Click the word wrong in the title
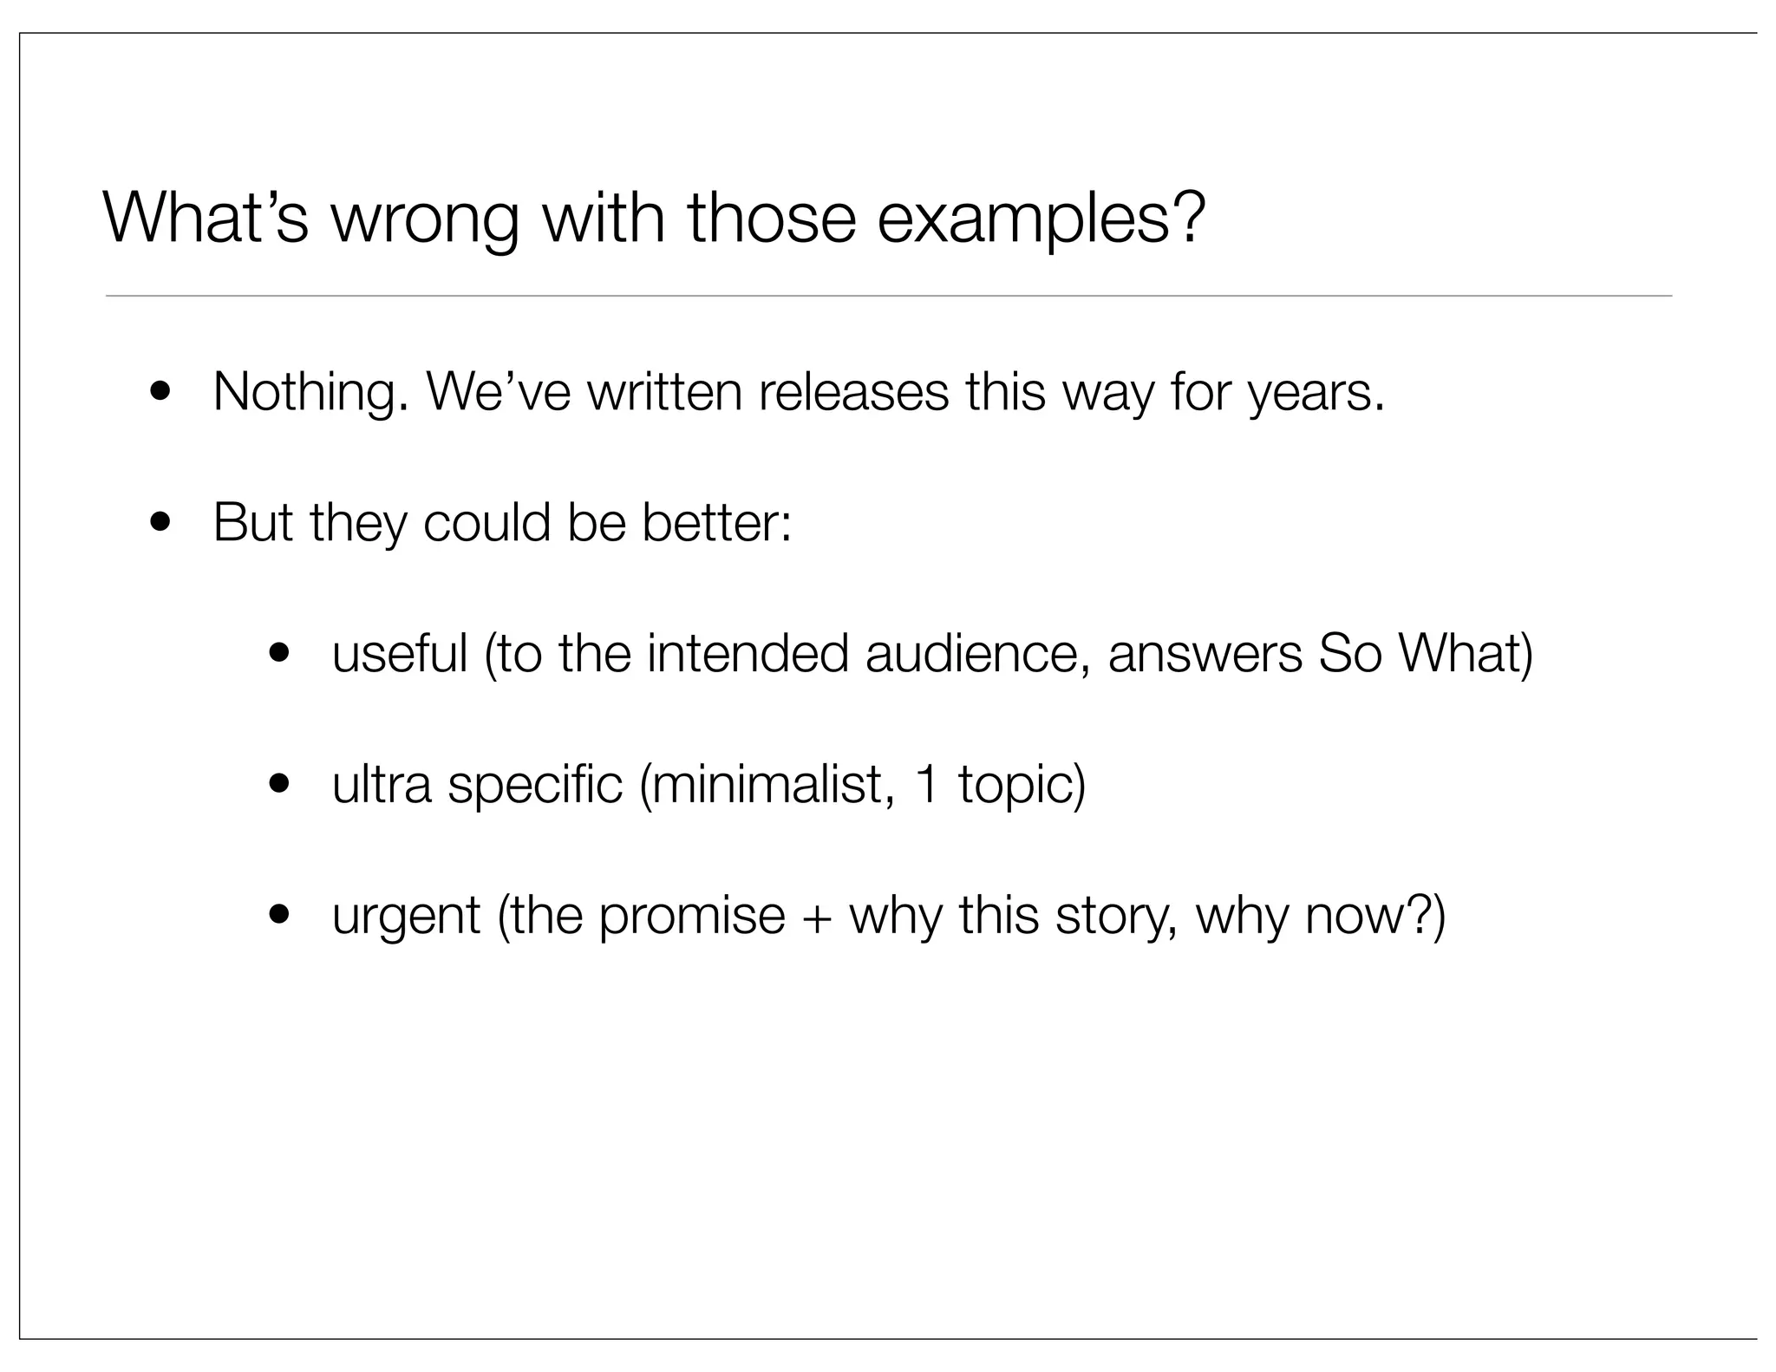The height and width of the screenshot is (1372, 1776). pos(424,219)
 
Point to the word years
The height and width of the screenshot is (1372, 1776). pos(1316,393)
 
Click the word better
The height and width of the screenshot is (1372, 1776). pos(715,523)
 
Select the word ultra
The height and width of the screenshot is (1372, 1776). pos(382,784)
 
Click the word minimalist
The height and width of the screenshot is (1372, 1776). pos(767,784)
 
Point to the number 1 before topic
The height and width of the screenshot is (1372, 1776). pos(926,784)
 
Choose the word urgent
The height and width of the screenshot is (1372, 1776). pos(406,917)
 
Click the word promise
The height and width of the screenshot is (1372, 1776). pos(691,917)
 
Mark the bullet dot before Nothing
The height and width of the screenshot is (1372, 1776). pos(160,393)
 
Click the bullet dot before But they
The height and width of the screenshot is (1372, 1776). pos(160,523)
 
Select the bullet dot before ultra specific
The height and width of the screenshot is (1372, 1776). pos(278,784)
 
